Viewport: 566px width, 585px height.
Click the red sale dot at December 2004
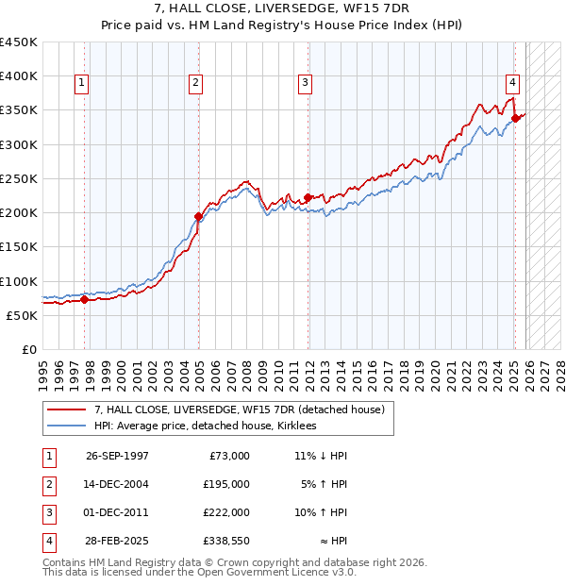(x=198, y=216)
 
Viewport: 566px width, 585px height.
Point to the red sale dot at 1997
(x=85, y=300)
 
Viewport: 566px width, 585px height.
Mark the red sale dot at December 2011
(x=308, y=197)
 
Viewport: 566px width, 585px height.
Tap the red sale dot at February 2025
(x=515, y=118)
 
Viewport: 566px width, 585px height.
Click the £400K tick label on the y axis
(x=18, y=76)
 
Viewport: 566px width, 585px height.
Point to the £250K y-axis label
(x=18, y=178)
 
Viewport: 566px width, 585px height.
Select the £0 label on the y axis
(x=28, y=349)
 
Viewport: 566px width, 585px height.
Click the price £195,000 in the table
(x=227, y=484)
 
